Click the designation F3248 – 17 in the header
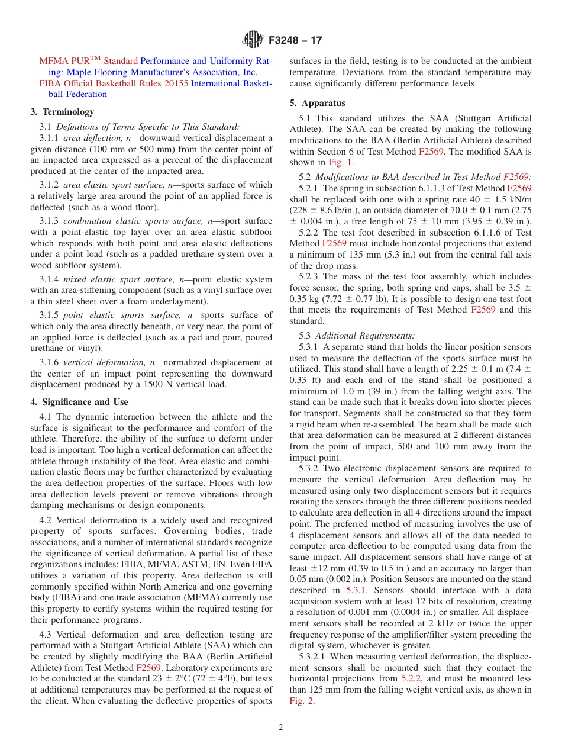(295, 41)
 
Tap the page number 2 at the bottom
(281, 728)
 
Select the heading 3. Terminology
(62, 111)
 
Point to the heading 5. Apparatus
(317, 102)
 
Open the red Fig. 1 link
(340, 162)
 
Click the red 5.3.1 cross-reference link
(356, 590)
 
